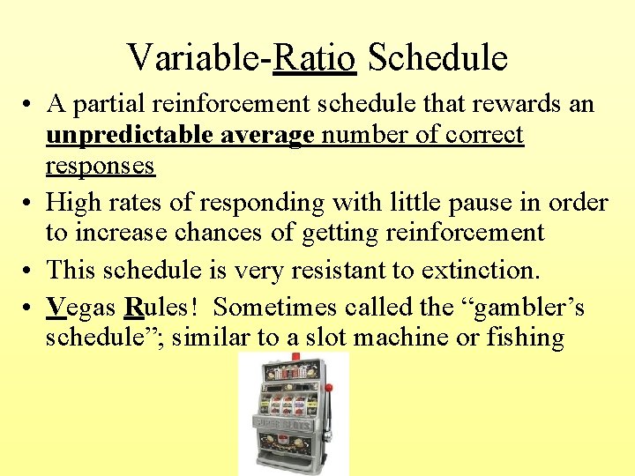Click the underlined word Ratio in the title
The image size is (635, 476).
[315, 58]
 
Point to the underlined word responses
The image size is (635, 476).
[100, 165]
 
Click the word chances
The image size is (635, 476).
[217, 233]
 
